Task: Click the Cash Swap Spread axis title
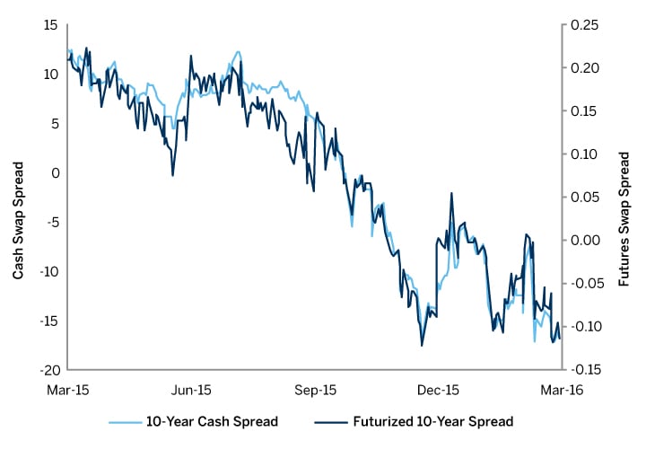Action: (x=18, y=220)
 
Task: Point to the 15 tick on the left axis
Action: (x=50, y=24)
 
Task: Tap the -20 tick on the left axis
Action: (x=48, y=369)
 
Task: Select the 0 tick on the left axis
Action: (x=54, y=172)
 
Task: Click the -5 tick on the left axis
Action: (x=51, y=222)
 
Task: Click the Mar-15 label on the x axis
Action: (x=69, y=391)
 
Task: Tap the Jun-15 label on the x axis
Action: (x=191, y=391)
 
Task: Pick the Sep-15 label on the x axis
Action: (x=315, y=391)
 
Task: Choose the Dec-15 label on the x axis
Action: (x=439, y=391)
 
